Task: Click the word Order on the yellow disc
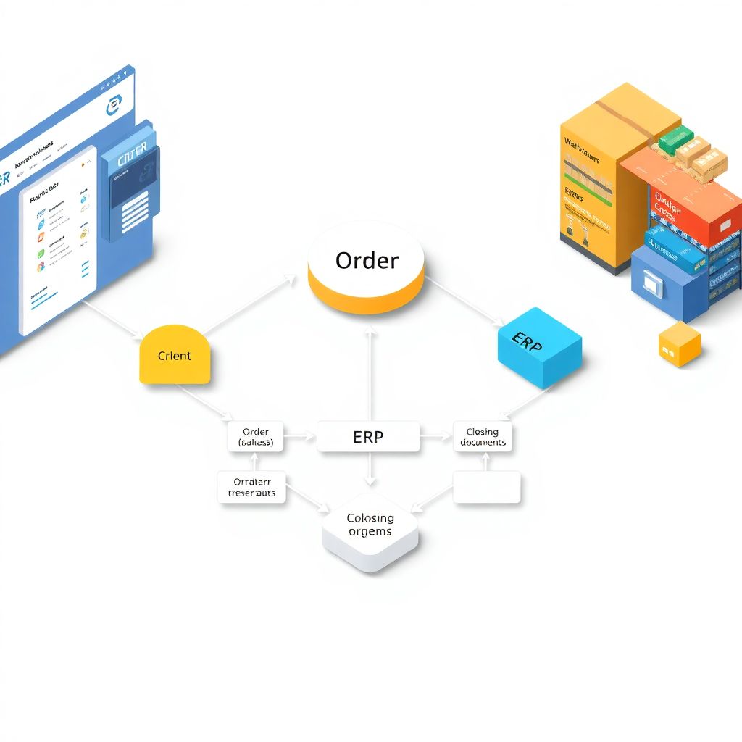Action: [x=367, y=261]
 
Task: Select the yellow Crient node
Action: [x=175, y=356]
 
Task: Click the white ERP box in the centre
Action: [x=368, y=437]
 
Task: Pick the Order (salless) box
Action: [x=256, y=437]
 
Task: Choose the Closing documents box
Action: [x=483, y=437]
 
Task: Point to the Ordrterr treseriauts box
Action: [x=252, y=487]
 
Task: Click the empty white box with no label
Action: [x=487, y=487]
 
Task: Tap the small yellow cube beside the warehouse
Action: [x=680, y=344]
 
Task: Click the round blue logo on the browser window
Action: [x=114, y=106]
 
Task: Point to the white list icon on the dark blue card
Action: [x=136, y=211]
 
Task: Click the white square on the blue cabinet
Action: [x=652, y=285]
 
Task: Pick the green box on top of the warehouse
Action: [x=676, y=137]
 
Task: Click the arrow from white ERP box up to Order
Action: [x=370, y=373]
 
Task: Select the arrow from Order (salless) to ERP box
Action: [x=300, y=437]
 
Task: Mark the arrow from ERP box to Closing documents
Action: [x=436, y=437]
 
